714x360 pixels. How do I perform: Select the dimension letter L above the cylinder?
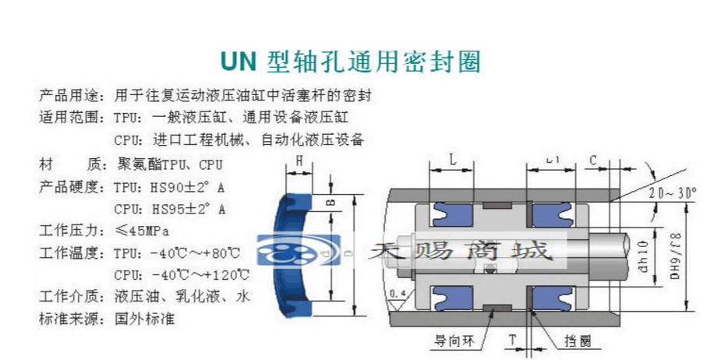pyautogui.click(x=453, y=160)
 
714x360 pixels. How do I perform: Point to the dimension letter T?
pyautogui.click(x=512, y=339)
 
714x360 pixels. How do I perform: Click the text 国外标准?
pyautogui.click(x=145, y=318)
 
